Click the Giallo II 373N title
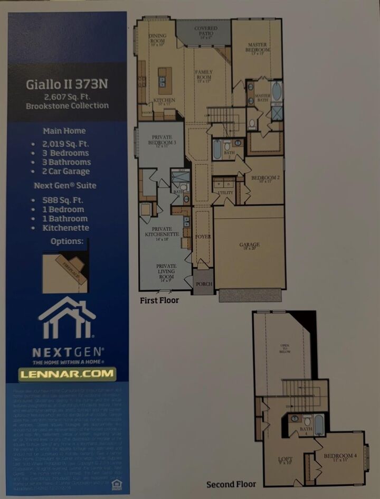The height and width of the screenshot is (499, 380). point(68,84)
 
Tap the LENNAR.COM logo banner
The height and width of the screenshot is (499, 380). point(67,374)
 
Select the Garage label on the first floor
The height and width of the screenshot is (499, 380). point(250,245)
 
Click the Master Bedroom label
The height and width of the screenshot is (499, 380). point(258,48)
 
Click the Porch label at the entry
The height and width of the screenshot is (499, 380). point(204,284)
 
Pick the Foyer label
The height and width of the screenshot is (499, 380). point(203,237)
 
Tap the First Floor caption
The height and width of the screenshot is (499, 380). point(159,300)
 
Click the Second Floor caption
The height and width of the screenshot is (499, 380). point(231,484)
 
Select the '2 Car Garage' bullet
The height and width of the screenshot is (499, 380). point(66,171)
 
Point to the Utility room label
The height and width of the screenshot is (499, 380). point(225,193)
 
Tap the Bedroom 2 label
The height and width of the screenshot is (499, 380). point(265,178)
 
